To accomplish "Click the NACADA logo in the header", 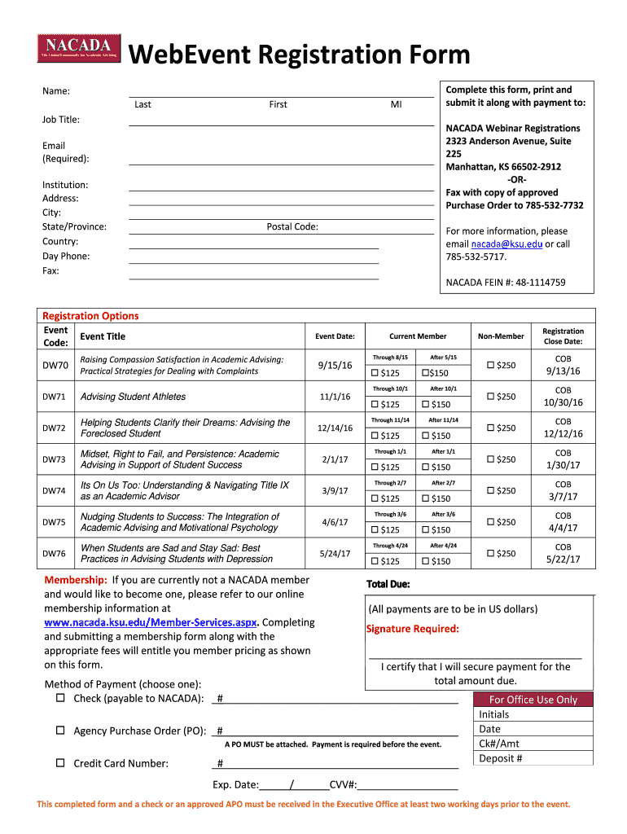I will (x=79, y=48).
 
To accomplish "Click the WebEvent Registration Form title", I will (x=300, y=55).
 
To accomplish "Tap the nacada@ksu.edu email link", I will (x=493, y=244).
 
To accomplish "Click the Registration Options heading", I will (x=90, y=316).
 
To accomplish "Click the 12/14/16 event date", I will (x=335, y=428).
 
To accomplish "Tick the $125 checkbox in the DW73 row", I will (x=375, y=467).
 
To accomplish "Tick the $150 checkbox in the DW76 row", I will (x=426, y=561).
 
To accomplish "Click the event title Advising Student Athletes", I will (x=133, y=397).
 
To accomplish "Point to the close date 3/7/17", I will (x=563, y=496).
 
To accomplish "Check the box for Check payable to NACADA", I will (x=60, y=698).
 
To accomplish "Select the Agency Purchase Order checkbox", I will (x=60, y=731).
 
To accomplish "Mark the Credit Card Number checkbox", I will (x=60, y=763).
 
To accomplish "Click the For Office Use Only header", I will (x=533, y=700).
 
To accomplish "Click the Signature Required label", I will (x=413, y=629).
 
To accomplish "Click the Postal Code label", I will (x=292, y=226).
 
